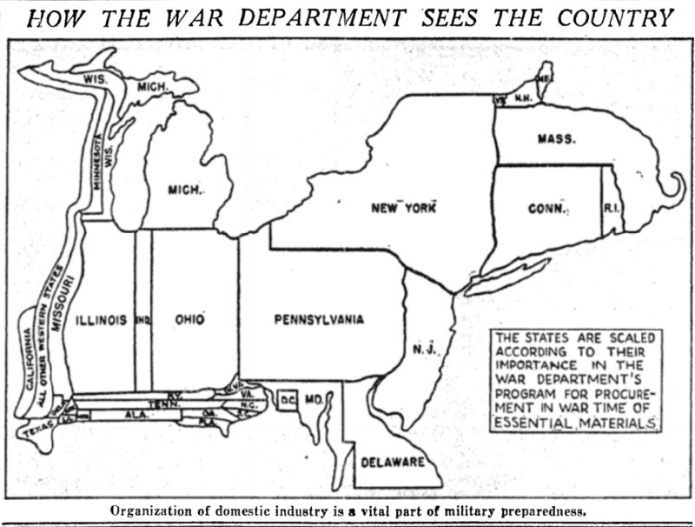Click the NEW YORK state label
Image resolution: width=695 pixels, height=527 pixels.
[x=402, y=208]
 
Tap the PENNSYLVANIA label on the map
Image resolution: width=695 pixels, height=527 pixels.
[x=319, y=320]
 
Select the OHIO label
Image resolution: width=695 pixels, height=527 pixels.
[x=189, y=320]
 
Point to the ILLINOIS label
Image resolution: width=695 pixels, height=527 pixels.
[x=102, y=320]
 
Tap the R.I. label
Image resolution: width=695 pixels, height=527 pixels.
[x=612, y=209]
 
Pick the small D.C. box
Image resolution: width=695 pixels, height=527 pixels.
[x=288, y=400]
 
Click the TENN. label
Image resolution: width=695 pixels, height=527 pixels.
[x=159, y=404]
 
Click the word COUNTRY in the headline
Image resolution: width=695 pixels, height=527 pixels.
[x=613, y=17]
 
